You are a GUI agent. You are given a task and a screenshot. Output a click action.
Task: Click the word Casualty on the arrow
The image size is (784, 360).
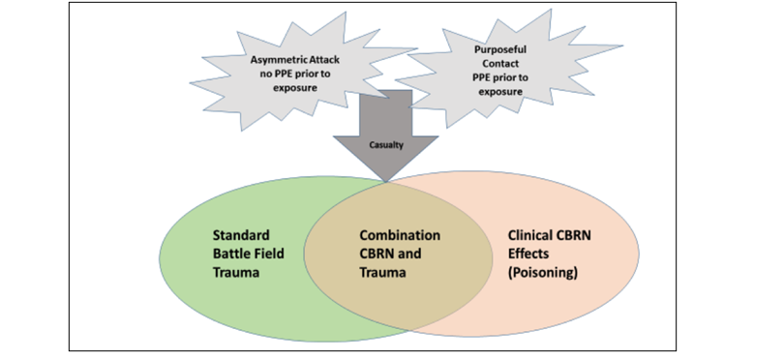pos(386,145)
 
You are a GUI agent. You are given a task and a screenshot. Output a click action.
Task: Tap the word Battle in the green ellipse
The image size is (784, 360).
pos(230,254)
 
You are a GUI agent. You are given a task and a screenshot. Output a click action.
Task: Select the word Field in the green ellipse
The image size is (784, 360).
pos(267,254)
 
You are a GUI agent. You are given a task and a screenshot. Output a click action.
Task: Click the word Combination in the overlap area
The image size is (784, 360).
pos(400,235)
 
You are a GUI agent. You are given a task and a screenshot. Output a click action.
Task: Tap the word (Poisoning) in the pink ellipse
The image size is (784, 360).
pos(543,273)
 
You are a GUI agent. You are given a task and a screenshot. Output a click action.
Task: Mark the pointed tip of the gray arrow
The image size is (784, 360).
pos(386,182)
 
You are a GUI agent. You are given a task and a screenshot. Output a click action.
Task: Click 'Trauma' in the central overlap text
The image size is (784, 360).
pos(382,273)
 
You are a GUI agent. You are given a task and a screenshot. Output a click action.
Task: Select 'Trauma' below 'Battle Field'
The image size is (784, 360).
pos(236,273)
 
